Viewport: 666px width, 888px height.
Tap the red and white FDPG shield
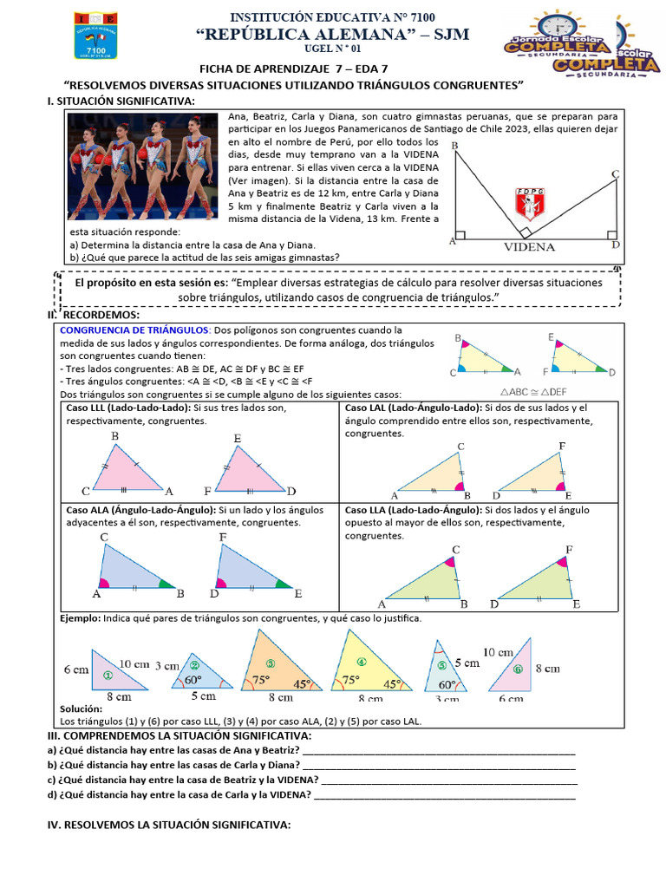click(x=527, y=205)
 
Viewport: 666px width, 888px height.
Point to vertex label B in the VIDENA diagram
click(x=455, y=146)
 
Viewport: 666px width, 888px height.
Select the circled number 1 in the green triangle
click(x=108, y=675)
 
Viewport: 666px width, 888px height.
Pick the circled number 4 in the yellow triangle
click(x=362, y=662)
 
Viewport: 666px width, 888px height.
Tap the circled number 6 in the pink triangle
click(x=518, y=669)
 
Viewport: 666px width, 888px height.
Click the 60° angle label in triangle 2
click(x=192, y=680)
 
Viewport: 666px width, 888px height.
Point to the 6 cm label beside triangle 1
click(x=75, y=669)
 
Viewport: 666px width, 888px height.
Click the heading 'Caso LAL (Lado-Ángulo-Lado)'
click(x=412, y=408)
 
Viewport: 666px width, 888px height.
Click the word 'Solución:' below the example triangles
click(x=82, y=708)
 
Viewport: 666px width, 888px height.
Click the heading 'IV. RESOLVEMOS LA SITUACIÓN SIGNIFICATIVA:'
click(x=169, y=824)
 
